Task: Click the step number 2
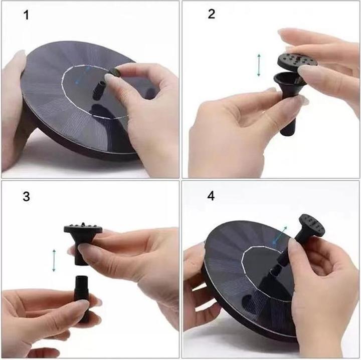(x=211, y=14)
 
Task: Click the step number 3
(x=26, y=196)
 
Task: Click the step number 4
(x=211, y=196)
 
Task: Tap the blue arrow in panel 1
(x=83, y=75)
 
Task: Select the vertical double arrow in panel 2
(x=259, y=65)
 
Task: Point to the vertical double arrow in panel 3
(x=54, y=260)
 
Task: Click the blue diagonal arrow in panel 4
(x=280, y=235)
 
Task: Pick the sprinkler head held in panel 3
(x=83, y=238)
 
